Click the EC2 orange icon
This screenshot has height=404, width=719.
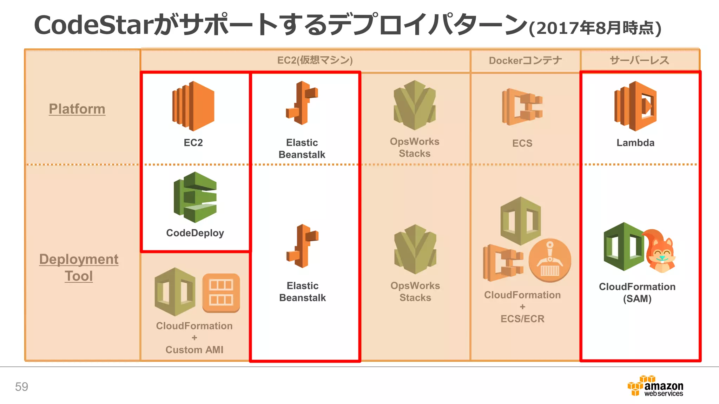(193, 106)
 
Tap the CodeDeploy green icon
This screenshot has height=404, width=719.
(195, 197)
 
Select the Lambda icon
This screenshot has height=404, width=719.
(635, 106)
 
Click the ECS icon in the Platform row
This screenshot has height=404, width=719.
(522, 107)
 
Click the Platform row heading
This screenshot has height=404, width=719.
(77, 109)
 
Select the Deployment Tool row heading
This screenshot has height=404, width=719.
(79, 267)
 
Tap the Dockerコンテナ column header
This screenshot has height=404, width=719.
(525, 61)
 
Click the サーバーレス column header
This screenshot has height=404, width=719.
(639, 60)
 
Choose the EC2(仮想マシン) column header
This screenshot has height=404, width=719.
(315, 60)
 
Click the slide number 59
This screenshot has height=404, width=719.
(21, 387)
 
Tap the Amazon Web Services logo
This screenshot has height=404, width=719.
(655, 386)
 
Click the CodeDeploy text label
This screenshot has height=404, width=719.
(195, 233)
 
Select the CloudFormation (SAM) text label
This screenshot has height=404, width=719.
(637, 292)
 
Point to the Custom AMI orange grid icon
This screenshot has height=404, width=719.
(221, 293)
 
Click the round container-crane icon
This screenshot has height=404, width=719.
(550, 261)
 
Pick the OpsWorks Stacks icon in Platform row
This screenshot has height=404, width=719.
(415, 105)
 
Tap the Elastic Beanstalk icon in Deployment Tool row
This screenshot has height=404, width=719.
(302, 246)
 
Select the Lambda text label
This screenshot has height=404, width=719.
(635, 143)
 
